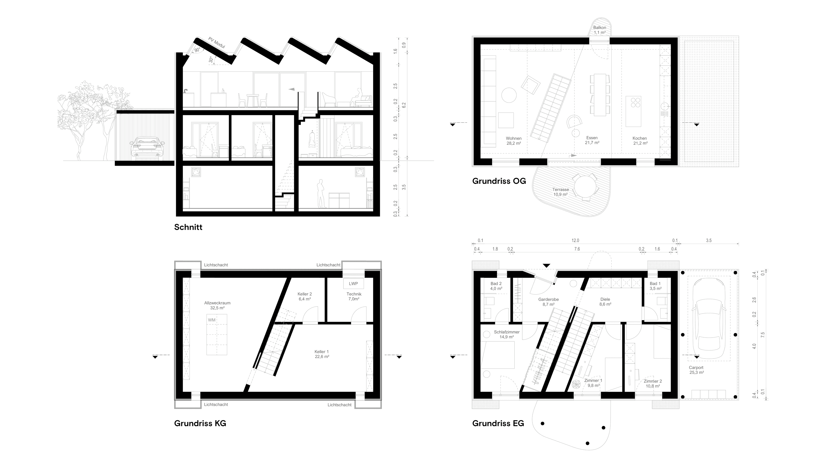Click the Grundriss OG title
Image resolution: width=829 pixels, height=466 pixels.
(499, 181)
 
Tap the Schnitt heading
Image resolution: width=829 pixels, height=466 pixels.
(188, 227)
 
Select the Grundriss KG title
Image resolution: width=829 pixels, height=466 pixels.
(200, 423)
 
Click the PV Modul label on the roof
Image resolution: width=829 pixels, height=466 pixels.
(216, 43)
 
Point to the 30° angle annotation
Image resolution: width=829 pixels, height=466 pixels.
(211, 60)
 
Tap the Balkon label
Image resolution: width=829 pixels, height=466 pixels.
(599, 28)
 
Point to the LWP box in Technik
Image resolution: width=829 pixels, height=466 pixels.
(353, 284)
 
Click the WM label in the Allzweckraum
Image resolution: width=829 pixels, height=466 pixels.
(211, 320)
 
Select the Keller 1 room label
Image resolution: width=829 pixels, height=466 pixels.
(321, 352)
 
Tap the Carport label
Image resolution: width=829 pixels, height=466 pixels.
(696, 368)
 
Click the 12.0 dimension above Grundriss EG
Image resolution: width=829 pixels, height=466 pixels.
(575, 241)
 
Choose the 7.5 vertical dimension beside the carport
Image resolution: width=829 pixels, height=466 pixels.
(762, 335)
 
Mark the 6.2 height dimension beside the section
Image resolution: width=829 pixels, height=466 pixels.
(404, 105)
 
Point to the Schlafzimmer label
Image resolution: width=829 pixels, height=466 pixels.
(507, 332)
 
